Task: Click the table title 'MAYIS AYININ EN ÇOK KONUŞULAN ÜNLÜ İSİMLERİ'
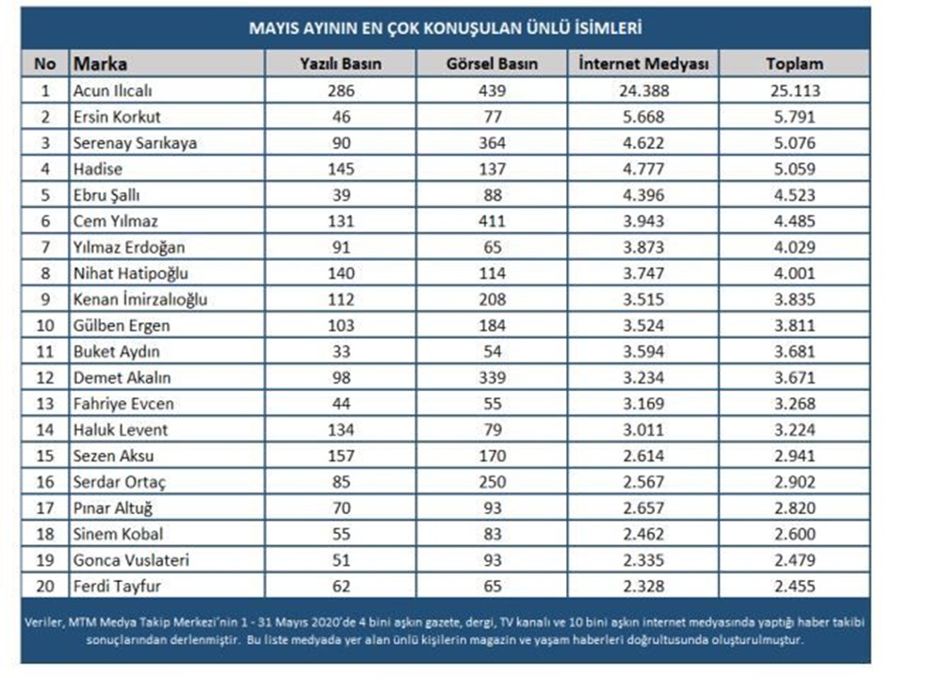tap(446, 28)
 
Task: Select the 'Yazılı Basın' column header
tap(341, 64)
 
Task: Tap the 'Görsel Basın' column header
tap(492, 64)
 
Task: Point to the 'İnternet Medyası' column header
tap(643, 64)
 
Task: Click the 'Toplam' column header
tap(795, 64)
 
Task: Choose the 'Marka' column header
tap(100, 64)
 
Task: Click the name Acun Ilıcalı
tap(112, 90)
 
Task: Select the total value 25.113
tap(795, 90)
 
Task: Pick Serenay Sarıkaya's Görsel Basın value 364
tap(492, 143)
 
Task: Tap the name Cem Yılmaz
tap(115, 221)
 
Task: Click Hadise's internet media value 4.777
tap(643, 169)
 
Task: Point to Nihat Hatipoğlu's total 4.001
tap(795, 273)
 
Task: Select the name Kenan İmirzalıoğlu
tap(140, 299)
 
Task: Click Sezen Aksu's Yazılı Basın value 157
tap(341, 456)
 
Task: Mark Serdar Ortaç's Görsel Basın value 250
tap(492, 481)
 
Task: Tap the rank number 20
tap(45, 586)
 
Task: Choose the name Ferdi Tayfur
tap(117, 586)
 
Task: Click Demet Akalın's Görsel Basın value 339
tap(492, 378)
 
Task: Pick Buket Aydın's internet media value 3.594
tap(643, 351)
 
